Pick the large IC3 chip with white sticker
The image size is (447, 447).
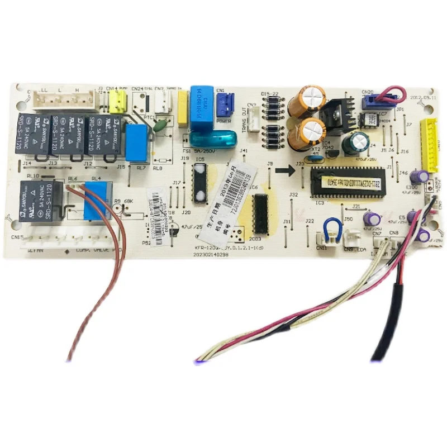[350, 182]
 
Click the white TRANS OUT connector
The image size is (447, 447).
[253, 118]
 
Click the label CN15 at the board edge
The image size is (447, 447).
[17, 237]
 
